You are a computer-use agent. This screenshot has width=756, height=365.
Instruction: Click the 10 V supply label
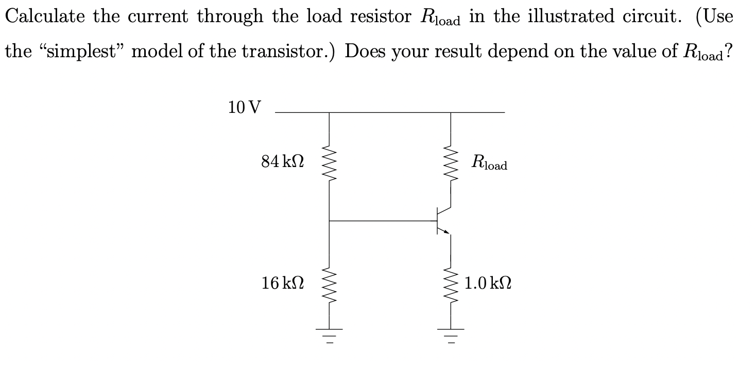click(244, 108)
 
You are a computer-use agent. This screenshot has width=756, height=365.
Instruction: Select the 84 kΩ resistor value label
click(282, 162)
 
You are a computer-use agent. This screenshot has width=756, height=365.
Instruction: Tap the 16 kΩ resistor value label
click(282, 283)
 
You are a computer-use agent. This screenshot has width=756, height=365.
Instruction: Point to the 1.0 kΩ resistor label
click(487, 283)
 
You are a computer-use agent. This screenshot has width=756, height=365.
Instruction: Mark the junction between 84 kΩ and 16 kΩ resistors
click(329, 221)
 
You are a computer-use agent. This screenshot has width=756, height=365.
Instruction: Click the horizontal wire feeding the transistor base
click(381, 221)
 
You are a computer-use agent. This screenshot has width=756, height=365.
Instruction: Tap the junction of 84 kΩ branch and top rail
click(329, 112)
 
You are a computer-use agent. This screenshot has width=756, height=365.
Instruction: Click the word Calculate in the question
click(45, 17)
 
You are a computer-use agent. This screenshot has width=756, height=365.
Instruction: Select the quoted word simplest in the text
click(86, 52)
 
